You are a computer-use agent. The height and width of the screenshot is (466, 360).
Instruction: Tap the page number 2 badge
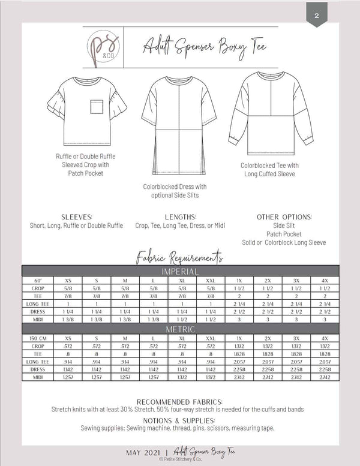point(317,16)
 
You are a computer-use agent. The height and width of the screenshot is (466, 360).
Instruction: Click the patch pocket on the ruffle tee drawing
point(97,106)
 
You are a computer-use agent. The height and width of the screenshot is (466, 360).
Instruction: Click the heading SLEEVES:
point(76,217)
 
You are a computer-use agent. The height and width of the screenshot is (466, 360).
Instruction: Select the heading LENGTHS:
point(180,217)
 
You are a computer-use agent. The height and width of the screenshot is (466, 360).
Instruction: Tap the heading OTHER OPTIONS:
point(284,217)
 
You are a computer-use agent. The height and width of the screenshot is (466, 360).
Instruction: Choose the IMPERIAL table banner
point(180,272)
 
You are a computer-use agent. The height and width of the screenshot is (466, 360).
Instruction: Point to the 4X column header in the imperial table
point(323,280)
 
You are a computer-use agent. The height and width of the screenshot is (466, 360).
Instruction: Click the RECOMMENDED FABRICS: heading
point(180,401)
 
